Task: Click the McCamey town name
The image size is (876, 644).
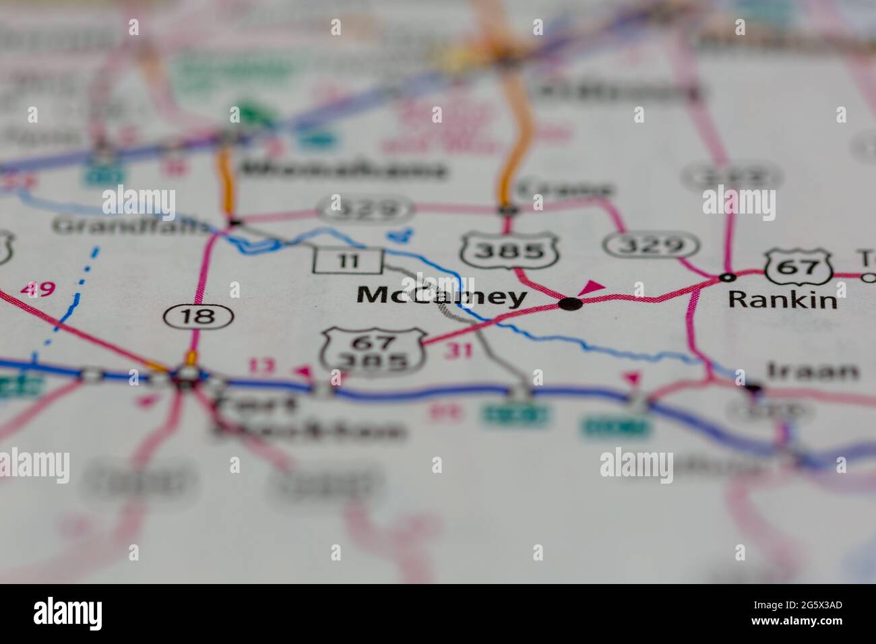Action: (441, 296)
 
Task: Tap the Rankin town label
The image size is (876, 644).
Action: (782, 300)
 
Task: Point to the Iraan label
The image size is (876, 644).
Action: (813, 371)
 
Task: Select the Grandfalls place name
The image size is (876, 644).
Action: (131, 226)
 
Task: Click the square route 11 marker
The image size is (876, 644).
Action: (348, 261)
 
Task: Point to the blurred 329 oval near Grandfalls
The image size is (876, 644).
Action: (365, 209)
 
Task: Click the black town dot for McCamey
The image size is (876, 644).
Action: (570, 304)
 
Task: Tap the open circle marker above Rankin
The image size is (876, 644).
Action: (726, 277)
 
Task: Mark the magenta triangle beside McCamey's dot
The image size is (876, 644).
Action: (592, 288)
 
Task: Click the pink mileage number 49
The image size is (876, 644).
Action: (37, 290)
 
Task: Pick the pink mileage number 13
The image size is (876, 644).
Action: (263, 366)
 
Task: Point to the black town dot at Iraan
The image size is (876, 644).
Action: (753, 388)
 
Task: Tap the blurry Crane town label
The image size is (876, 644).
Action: (566, 189)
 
